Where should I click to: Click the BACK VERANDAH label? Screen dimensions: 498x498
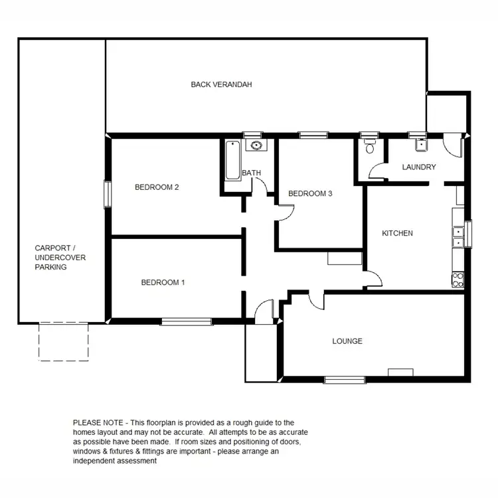click(x=221, y=84)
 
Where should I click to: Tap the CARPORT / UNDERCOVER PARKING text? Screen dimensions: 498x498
click(x=60, y=257)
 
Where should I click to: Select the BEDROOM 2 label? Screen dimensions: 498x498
click(x=157, y=187)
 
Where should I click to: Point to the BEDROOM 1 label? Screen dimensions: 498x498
click(x=163, y=282)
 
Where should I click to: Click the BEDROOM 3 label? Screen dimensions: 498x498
click(x=309, y=194)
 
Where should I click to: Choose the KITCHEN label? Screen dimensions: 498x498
click(x=397, y=233)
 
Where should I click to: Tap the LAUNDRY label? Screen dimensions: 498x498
click(x=419, y=167)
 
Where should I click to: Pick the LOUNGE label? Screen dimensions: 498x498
click(x=347, y=341)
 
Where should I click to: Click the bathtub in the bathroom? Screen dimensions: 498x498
click(x=232, y=161)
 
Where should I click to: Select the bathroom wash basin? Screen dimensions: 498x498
click(x=255, y=146)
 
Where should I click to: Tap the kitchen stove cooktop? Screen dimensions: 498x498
click(x=457, y=280)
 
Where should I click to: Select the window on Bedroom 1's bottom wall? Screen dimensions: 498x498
click(x=187, y=322)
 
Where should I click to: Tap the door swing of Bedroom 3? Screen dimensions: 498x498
click(x=285, y=212)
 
